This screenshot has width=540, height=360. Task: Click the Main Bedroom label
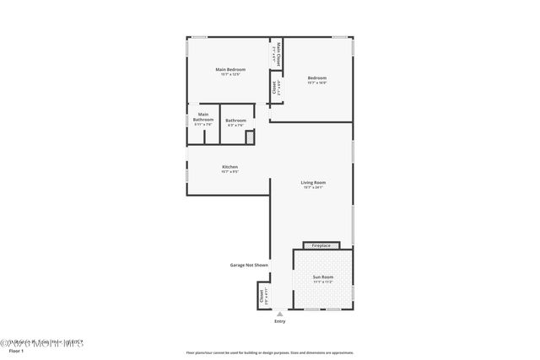coord(230,69)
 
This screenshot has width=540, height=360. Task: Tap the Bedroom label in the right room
coord(316,78)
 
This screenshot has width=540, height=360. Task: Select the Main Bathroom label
coord(203,116)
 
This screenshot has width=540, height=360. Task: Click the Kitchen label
coord(229,167)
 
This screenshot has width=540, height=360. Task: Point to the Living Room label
coord(314,182)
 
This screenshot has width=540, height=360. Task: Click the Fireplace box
coord(321,245)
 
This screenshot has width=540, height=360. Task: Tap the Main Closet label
coord(275,56)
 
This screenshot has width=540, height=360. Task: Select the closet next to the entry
coord(262,297)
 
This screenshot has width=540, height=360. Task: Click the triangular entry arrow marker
coord(280,314)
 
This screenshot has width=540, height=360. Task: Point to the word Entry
coord(280,322)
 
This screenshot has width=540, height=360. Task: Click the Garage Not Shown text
coord(250,265)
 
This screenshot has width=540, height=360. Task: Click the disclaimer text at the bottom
coord(270,352)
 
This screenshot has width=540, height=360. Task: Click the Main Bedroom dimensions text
coord(230,74)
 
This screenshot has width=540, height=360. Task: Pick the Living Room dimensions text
coord(314,187)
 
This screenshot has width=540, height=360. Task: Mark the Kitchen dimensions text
coord(229,172)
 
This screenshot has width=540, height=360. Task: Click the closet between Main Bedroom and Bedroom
coord(275,87)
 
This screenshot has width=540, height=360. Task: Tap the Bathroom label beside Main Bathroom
coord(236,121)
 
